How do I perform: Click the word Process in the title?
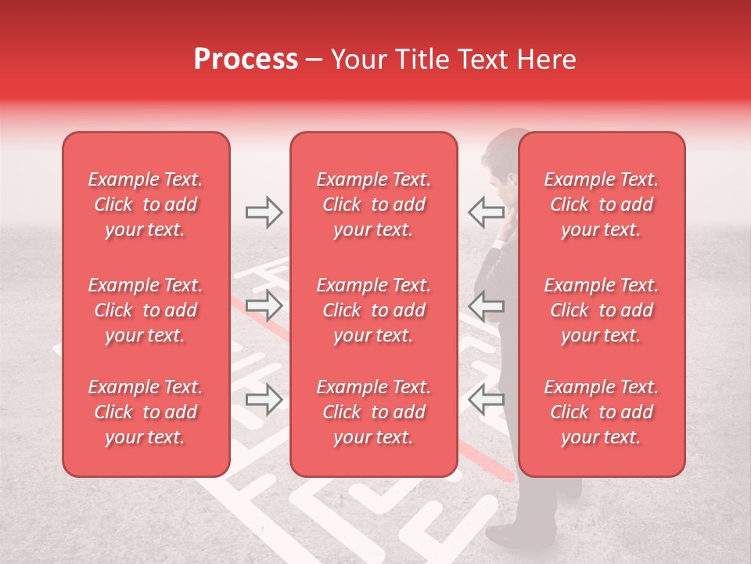click(x=246, y=60)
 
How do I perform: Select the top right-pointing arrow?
click(x=264, y=211)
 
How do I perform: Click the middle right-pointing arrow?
click(x=264, y=305)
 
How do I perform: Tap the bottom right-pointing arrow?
click(x=264, y=400)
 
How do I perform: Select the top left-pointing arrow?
click(x=486, y=211)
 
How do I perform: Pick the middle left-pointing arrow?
click(x=486, y=305)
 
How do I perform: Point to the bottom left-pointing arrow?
click(x=486, y=400)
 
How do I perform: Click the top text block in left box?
click(x=146, y=204)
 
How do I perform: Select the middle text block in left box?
click(x=146, y=310)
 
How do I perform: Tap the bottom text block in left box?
click(x=146, y=412)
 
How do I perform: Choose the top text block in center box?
click(x=373, y=204)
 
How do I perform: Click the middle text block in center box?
click(x=373, y=310)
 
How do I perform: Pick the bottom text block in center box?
click(x=373, y=412)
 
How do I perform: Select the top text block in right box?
click(x=601, y=204)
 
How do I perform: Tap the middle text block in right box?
click(x=601, y=310)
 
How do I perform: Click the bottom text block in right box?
click(x=601, y=412)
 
